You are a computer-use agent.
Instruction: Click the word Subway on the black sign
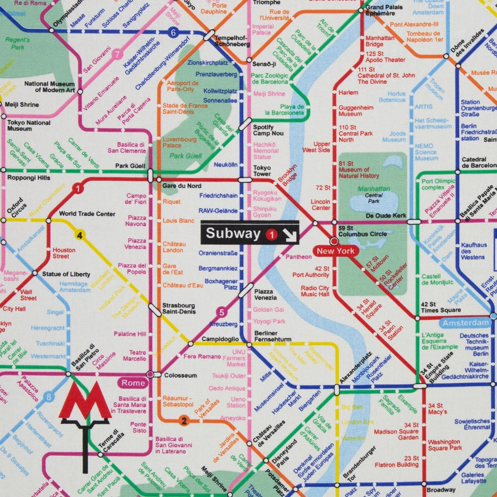coord(233,233)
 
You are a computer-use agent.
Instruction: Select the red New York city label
coord(335,252)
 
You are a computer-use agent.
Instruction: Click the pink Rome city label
coord(133,383)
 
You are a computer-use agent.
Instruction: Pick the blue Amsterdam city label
coord(466,323)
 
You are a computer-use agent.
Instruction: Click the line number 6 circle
coord(173,33)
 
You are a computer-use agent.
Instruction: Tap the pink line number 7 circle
coord(118,54)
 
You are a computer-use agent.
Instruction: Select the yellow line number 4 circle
coord(80,236)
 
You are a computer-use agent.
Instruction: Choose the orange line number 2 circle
coord(183,421)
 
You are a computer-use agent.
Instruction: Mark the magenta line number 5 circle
coord(222,312)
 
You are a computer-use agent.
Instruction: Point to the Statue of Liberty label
coord(66,274)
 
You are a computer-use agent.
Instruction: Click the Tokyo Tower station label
coord(262,171)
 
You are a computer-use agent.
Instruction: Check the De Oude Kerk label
coord(386,216)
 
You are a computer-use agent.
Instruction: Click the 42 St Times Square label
coord(441,307)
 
